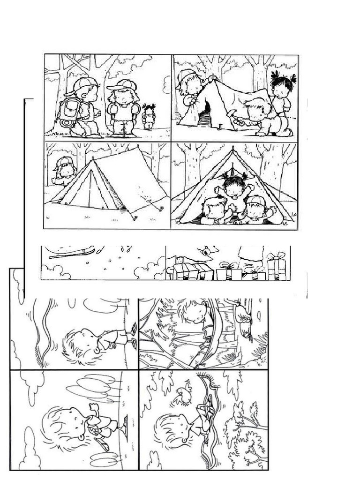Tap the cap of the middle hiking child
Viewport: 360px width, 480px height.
click(121, 85)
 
